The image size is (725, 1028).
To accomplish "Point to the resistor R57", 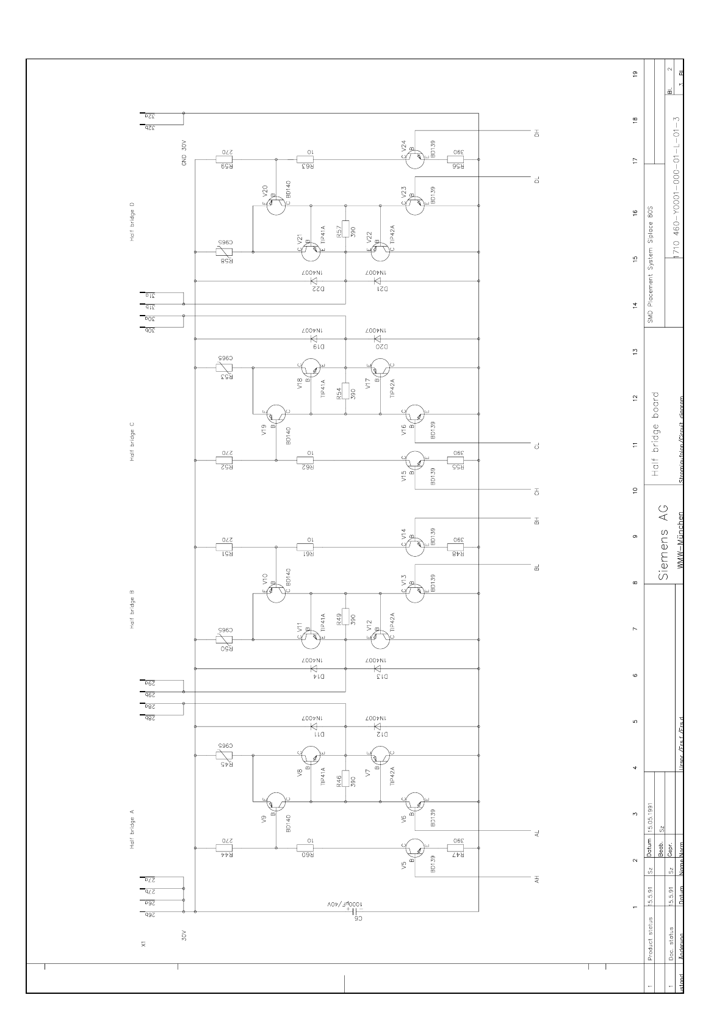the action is coord(345,228).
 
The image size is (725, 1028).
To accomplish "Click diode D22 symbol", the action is coord(314,281).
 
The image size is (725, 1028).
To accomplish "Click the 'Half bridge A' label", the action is coord(132,828).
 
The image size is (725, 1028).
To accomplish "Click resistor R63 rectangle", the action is coord(305,159).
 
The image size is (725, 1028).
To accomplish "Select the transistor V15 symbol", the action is coord(414,460).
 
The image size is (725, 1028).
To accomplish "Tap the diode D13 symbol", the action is coord(377,669).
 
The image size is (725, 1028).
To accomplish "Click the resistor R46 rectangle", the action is coord(345,779).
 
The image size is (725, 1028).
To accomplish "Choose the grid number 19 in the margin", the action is coord(635,74).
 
